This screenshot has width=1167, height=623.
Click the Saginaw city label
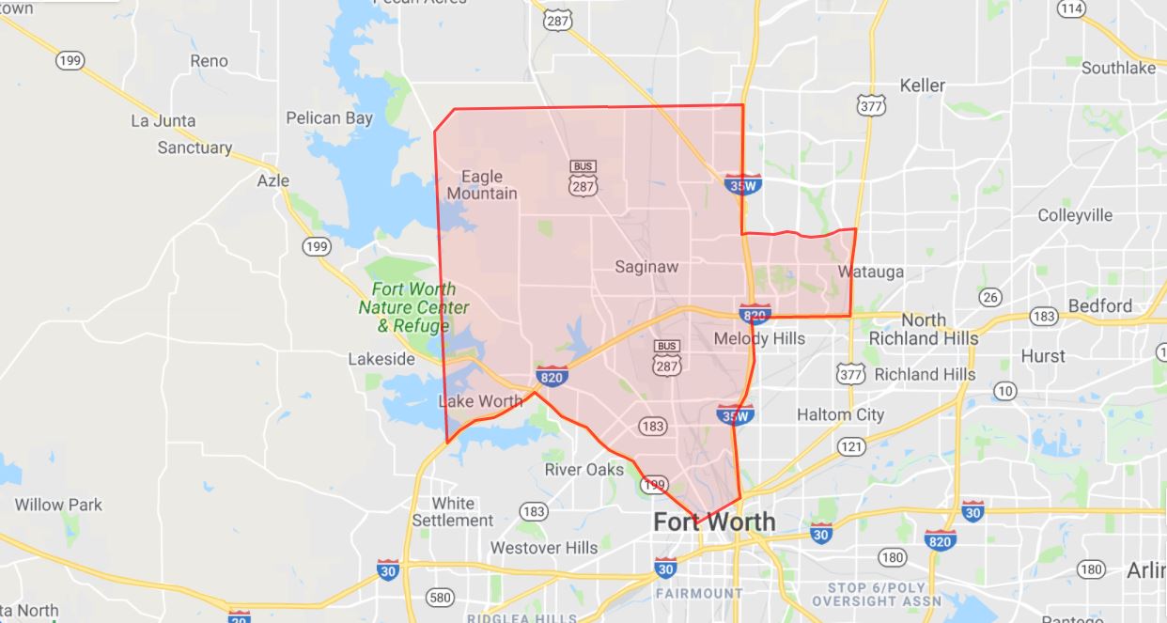(x=646, y=267)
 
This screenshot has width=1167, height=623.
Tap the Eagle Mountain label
(x=481, y=185)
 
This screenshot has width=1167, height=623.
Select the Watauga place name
(x=871, y=273)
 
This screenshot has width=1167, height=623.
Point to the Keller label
(x=922, y=86)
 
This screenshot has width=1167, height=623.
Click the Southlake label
(x=1117, y=68)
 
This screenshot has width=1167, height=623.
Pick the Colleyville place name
(x=1075, y=215)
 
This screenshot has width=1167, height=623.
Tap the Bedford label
(x=1100, y=306)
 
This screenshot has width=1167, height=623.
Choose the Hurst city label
(x=1043, y=356)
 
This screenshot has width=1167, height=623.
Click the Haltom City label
(x=840, y=414)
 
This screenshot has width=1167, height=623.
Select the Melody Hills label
(x=759, y=338)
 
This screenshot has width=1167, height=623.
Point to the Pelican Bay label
(x=329, y=118)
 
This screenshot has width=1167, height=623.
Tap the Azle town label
(x=273, y=180)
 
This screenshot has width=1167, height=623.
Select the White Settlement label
(x=452, y=512)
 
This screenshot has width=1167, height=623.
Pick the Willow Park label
(x=58, y=505)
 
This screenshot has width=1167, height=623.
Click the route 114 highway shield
(x=1071, y=8)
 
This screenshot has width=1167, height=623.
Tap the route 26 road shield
(x=989, y=298)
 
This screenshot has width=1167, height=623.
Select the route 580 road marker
(x=439, y=597)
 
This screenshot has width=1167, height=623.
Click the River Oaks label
(x=584, y=470)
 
